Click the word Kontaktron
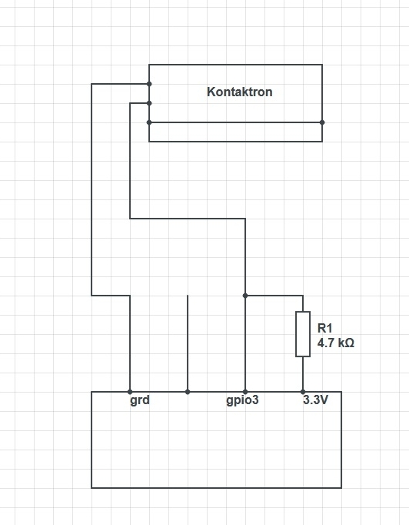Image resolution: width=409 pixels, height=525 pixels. pos(239,92)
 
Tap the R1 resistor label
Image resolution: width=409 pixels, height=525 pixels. pos(325,328)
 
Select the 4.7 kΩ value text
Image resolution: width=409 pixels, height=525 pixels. pos(335,343)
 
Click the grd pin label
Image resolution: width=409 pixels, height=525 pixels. pos(140,401)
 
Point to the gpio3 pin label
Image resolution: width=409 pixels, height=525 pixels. pos(242,401)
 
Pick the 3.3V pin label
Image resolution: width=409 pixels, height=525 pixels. pos(316,400)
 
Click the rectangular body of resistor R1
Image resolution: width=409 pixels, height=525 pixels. pos(303,334)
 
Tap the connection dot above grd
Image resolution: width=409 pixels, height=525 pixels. pos(130,392)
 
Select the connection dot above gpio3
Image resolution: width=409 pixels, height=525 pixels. pos(245,392)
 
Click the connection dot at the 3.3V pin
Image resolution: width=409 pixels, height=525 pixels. pos(303,392)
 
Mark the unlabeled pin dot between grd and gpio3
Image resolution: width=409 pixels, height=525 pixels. pos(188,392)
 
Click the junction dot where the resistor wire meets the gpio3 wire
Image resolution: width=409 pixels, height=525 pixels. pos(245,296)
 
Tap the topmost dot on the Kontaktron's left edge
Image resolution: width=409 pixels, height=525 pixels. pos(149,84)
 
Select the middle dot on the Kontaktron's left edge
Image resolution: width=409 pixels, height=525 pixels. pos(149,103)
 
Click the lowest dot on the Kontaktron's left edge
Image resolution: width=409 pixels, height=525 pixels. pos(149,122)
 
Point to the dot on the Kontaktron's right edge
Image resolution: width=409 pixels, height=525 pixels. pos(322,122)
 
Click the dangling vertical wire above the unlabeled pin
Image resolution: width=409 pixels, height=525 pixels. pos(188,343)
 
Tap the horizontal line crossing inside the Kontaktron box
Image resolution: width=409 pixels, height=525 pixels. pos(236,122)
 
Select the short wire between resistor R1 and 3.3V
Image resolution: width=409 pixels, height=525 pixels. pos(303,374)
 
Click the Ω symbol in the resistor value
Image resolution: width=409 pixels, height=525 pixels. pos(350,343)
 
